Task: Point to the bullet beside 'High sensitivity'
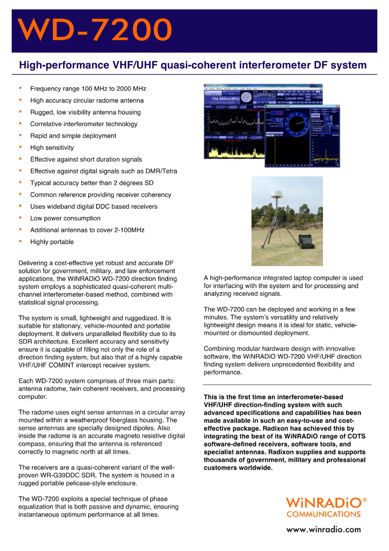pyautogui.click(x=20, y=147)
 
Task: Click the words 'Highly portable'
pyautogui.click(x=52, y=242)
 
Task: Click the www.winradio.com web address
pyautogui.click(x=324, y=530)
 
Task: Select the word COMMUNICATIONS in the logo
pyautogui.click(x=323, y=515)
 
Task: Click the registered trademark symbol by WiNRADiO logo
pyautogui.click(x=365, y=500)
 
